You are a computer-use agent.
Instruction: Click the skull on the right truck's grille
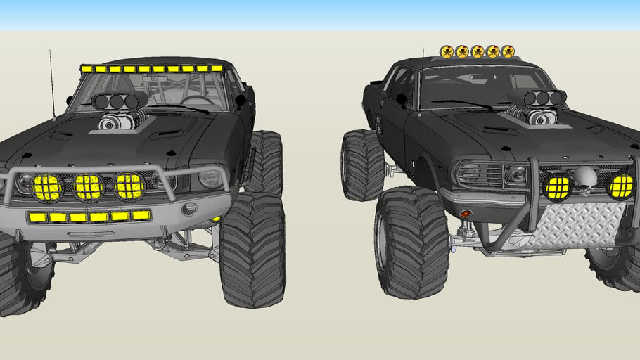tap(585, 179)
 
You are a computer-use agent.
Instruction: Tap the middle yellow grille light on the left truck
tap(89, 187)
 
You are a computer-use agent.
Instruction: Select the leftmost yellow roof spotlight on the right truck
tap(447, 51)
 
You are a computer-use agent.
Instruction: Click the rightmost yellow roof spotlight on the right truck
tap(508, 51)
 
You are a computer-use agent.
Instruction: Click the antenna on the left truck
tap(52, 84)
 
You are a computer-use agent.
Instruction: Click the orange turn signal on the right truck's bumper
tap(465, 213)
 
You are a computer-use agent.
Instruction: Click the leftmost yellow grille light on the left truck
tap(48, 187)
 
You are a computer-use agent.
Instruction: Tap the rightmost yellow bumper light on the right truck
tap(621, 186)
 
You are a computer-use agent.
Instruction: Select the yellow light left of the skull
tap(556, 187)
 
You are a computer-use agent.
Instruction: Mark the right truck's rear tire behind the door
tap(362, 165)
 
